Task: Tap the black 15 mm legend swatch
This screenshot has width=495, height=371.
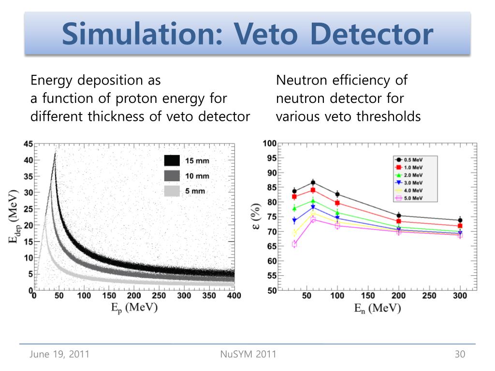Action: point(172,160)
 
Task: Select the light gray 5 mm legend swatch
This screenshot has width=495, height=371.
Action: point(172,191)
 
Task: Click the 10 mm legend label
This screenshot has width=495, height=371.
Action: point(197,176)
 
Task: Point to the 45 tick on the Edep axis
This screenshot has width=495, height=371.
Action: point(28,144)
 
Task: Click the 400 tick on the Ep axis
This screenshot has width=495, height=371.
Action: point(234,296)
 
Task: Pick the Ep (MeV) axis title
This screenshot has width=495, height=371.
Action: point(132,308)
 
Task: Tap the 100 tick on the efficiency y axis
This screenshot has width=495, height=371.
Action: point(269,143)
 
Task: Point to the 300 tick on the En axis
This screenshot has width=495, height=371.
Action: point(460,296)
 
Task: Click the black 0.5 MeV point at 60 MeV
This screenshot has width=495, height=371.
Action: point(313,183)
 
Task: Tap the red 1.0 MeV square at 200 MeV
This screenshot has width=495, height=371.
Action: point(399,221)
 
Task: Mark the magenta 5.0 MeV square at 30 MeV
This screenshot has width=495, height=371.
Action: point(294,244)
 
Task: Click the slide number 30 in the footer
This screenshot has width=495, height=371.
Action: point(460,355)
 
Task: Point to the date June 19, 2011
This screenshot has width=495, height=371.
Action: point(59,355)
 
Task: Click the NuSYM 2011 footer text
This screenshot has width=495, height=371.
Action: point(248,355)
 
